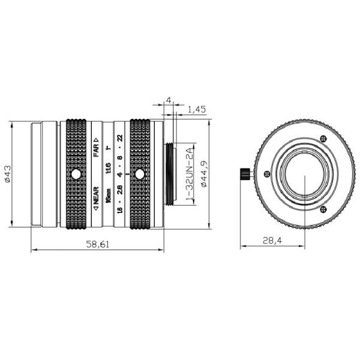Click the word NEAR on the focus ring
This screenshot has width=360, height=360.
pyautogui.click(x=96, y=200)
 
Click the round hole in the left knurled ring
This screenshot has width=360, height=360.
pyautogui.click(x=76, y=175)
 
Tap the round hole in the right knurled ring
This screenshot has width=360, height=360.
pyautogui.click(x=140, y=175)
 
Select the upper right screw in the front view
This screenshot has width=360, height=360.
pyautogui.click(x=324, y=140)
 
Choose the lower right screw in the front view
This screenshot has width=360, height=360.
pyautogui.click(x=324, y=209)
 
